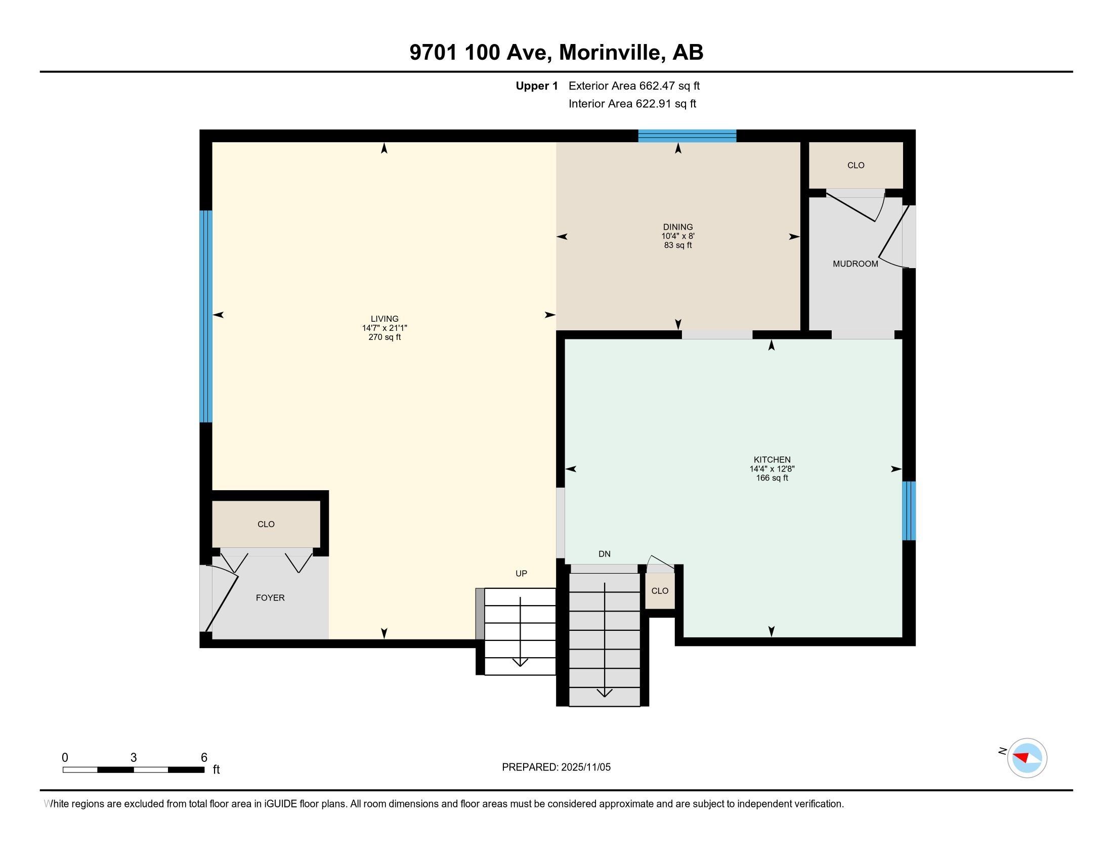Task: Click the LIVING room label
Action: [x=384, y=319]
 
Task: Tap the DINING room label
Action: [x=677, y=227]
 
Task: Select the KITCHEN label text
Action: [x=772, y=459]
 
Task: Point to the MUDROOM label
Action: [x=855, y=264]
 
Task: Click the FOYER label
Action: [x=270, y=597]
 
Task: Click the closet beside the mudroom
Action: [x=855, y=165]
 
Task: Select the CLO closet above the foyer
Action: [x=266, y=524]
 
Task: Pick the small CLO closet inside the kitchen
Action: [x=659, y=591]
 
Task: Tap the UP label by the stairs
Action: [x=521, y=574]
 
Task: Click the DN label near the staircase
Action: [x=605, y=554]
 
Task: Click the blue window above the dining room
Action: [x=687, y=136]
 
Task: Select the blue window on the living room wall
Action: [x=205, y=316]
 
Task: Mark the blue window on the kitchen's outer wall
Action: [x=909, y=510]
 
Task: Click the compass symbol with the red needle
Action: [x=1026, y=758]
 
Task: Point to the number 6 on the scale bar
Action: [x=204, y=758]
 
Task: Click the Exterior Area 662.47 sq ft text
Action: [x=634, y=86]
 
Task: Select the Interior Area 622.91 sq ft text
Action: [x=632, y=104]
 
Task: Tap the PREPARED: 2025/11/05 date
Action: [x=556, y=767]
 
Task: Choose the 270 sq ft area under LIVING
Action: [x=384, y=337]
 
